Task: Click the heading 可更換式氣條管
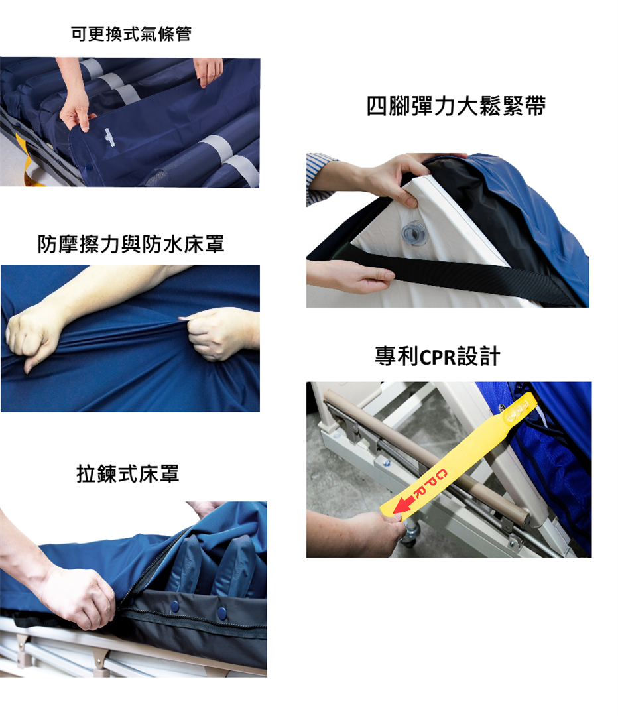(x=131, y=34)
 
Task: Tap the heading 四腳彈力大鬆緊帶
(x=456, y=106)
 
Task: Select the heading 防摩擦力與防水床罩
(x=131, y=244)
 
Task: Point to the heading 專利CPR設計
(x=437, y=356)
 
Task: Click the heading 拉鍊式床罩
(x=127, y=473)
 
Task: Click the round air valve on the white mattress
(x=414, y=233)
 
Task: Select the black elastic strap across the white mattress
(x=457, y=274)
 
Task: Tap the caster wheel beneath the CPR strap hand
(x=409, y=534)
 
